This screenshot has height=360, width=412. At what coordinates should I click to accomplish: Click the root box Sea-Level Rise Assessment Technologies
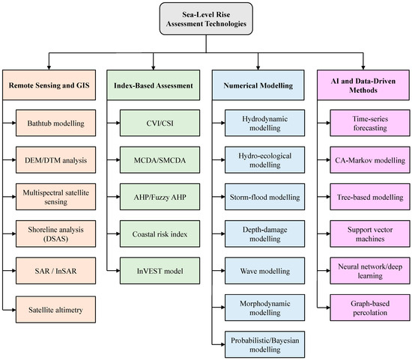(206, 19)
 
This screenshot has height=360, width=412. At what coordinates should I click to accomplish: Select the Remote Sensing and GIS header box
(49, 85)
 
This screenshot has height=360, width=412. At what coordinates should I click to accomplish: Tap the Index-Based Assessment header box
(153, 85)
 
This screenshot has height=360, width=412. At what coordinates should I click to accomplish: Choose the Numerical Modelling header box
(258, 85)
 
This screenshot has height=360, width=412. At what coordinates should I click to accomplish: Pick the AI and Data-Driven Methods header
(363, 85)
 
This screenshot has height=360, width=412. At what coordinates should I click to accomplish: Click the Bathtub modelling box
(55, 123)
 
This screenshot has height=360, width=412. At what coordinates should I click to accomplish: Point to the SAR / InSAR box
(55, 271)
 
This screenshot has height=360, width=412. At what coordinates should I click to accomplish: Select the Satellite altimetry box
(55, 310)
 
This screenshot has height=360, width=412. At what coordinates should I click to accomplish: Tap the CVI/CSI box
(160, 123)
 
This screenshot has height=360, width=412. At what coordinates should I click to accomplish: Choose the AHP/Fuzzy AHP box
(160, 197)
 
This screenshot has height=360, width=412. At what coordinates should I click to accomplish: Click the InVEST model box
(160, 271)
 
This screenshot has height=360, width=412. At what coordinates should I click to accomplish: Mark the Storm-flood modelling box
(265, 197)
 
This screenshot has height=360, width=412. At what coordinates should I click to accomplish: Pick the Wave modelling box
(265, 271)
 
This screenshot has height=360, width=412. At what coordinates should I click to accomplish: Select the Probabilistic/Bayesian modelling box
(265, 344)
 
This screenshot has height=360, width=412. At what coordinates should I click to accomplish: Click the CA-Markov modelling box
(370, 160)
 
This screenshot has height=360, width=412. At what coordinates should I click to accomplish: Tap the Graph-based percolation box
(370, 308)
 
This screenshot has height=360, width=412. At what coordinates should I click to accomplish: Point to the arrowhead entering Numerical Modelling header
(258, 67)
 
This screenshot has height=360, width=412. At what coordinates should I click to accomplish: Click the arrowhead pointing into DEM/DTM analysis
(13, 160)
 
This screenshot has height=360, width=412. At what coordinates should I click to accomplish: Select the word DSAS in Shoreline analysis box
(55, 239)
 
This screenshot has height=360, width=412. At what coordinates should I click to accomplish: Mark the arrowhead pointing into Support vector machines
(327, 234)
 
